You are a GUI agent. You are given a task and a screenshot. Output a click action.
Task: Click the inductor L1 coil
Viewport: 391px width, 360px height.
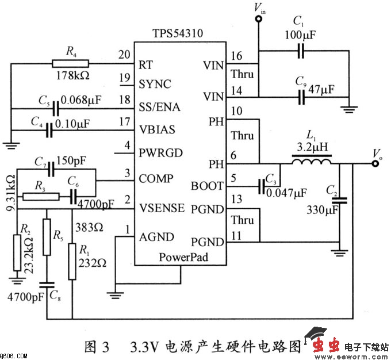(x=311, y=163)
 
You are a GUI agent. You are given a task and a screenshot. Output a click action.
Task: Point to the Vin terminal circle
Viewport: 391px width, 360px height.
(x=258, y=19)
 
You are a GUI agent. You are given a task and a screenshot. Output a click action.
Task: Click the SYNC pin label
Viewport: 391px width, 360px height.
(x=155, y=84)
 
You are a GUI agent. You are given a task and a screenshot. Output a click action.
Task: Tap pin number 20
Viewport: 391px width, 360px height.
(x=124, y=56)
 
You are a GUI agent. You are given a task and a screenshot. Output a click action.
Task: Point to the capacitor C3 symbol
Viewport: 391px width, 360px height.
(x=263, y=186)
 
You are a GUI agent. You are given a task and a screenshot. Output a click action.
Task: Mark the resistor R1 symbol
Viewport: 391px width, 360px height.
(x=72, y=259)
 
